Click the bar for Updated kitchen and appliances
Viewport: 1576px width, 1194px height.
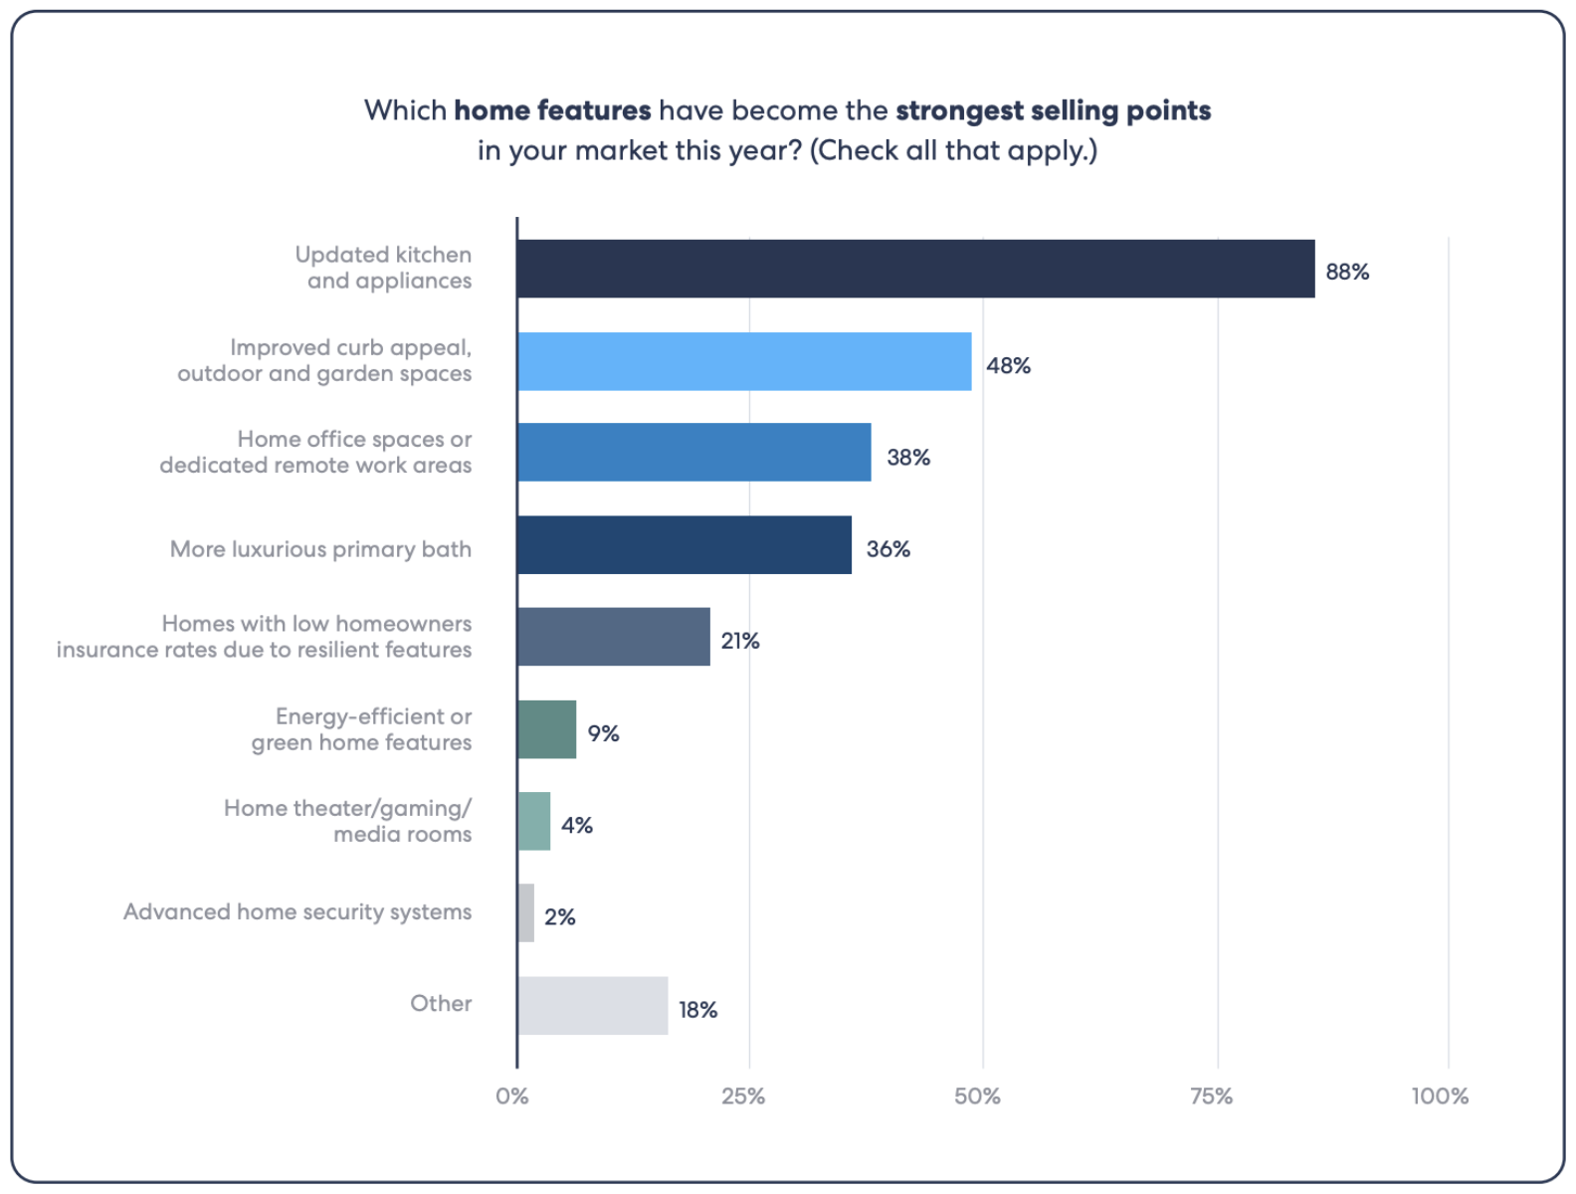click(915, 269)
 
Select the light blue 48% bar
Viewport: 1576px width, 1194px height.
click(744, 361)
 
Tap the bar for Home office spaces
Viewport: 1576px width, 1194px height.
click(693, 453)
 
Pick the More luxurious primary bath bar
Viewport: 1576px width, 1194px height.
click(685, 544)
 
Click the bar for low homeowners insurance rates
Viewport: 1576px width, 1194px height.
click(614, 637)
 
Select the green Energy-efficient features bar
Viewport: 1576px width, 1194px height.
click(547, 729)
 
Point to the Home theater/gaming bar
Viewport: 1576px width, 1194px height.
click(534, 821)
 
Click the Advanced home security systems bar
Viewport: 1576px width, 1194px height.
click(526, 912)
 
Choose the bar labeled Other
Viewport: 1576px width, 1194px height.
click(593, 1005)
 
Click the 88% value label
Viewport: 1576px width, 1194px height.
click(1347, 272)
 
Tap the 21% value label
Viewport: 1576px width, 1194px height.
click(740, 641)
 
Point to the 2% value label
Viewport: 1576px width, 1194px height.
click(560, 916)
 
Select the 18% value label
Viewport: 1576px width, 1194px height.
click(697, 1010)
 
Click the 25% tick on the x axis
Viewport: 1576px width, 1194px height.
click(743, 1096)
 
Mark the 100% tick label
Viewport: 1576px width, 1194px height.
click(1439, 1096)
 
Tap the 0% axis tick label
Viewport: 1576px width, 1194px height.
click(512, 1096)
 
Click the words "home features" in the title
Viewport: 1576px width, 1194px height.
click(552, 109)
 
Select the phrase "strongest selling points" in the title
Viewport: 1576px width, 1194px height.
click(1053, 109)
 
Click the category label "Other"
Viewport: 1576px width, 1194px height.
click(441, 1003)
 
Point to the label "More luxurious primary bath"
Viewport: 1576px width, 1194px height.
click(320, 549)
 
